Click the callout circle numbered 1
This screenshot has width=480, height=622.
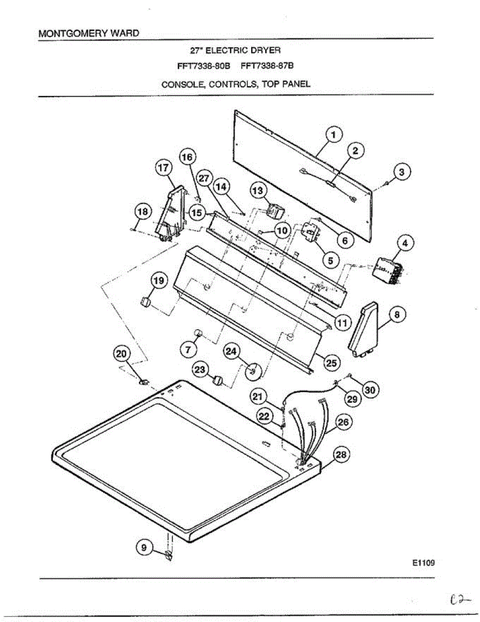click(333, 135)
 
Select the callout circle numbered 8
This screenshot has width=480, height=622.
click(397, 314)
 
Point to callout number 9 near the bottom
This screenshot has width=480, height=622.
click(144, 546)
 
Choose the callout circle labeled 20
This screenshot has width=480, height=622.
click(121, 354)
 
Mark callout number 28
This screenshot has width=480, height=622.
click(340, 456)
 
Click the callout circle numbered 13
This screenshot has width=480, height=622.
click(257, 190)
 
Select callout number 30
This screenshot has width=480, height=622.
click(369, 389)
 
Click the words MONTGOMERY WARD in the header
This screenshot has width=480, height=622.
click(89, 33)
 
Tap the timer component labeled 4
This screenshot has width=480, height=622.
click(388, 270)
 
